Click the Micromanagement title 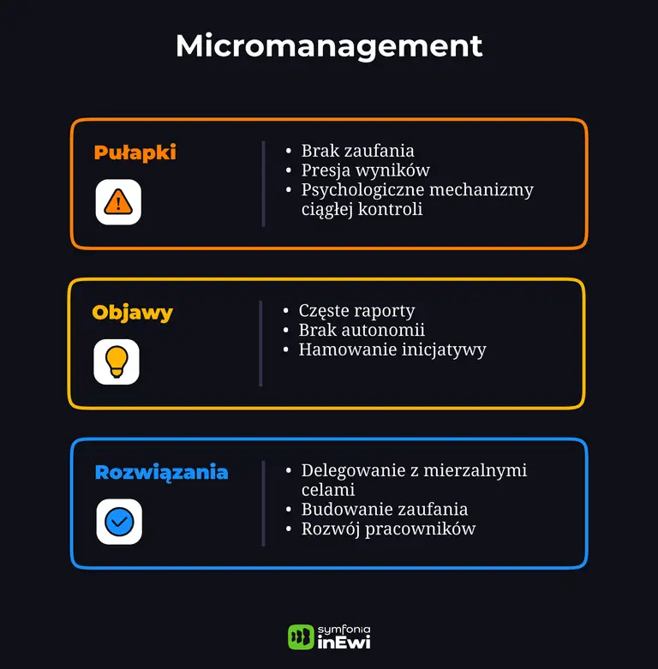[x=329, y=46]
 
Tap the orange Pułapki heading [x=135, y=152]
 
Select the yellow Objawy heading [x=133, y=312]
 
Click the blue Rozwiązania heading [x=161, y=472]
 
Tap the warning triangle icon [x=118, y=202]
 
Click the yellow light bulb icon [x=117, y=361]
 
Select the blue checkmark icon [x=119, y=522]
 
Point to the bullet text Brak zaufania [x=357, y=151]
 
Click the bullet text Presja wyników [x=365, y=170]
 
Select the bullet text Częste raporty [x=356, y=311]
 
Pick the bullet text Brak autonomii [x=361, y=330]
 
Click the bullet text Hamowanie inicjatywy [x=392, y=349]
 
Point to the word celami [x=327, y=490]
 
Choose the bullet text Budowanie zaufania [x=384, y=510]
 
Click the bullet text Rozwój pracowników [x=388, y=529]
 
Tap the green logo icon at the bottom [x=301, y=636]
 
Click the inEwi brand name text [x=344, y=643]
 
